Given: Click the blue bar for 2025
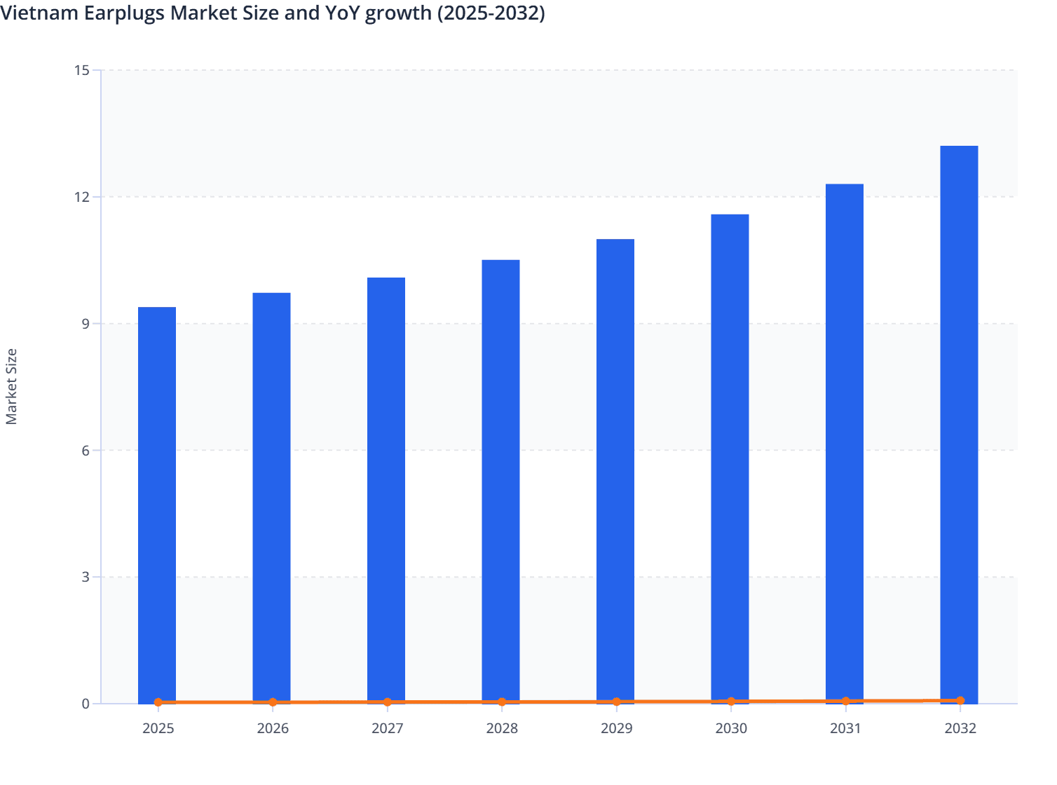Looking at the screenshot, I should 157,505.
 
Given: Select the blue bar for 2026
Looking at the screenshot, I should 271,498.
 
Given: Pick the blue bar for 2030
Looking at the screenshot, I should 730,458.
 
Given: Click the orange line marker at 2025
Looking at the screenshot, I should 158,702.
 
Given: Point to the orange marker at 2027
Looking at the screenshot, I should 387,702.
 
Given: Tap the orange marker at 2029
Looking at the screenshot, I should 617,702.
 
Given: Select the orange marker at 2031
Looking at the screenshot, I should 845,701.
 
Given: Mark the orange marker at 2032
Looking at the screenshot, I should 960,701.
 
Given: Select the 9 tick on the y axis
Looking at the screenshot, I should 86,324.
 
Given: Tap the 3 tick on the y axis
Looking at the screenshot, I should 86,578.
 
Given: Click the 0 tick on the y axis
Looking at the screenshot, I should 86,704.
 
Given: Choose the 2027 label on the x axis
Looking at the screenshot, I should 387,729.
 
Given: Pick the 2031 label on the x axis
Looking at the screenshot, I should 845,729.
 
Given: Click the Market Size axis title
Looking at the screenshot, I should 11,387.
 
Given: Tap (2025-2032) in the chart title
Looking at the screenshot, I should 491,13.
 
